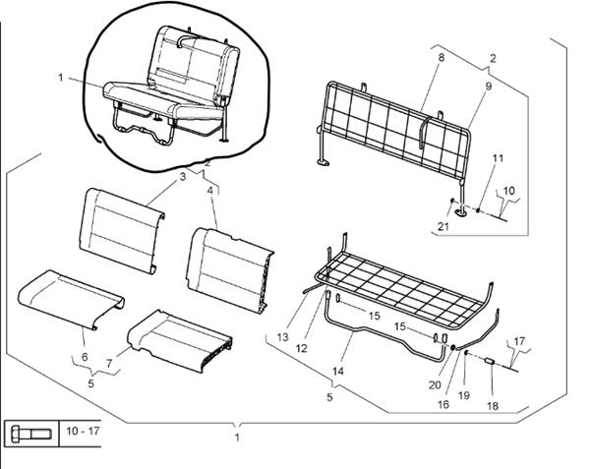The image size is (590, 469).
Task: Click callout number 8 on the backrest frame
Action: coord(441,59)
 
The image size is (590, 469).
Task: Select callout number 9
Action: coord(487,87)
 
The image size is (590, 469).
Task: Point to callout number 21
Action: coord(444,228)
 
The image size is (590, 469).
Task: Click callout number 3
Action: coord(182,176)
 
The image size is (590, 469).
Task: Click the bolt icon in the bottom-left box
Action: coord(32,432)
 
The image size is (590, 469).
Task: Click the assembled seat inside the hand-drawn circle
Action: coord(172,93)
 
